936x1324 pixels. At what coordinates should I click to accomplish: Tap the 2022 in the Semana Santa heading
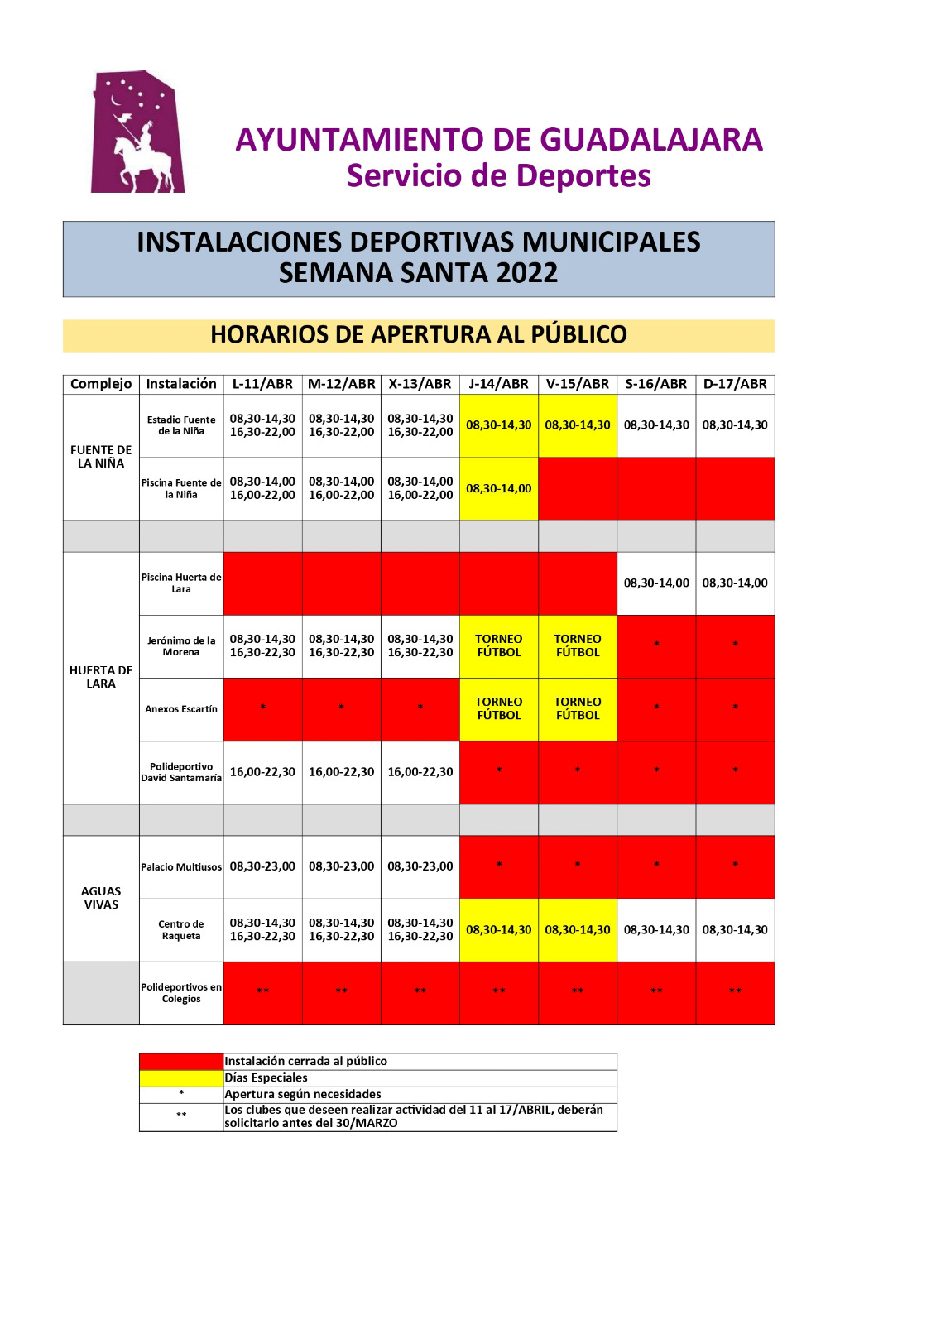[x=526, y=273]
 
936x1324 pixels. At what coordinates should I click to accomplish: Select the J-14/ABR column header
[x=498, y=384]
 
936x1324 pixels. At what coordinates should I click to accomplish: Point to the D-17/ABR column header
[x=735, y=384]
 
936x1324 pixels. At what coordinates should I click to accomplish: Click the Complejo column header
[x=101, y=384]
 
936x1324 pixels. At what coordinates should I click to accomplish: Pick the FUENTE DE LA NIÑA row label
[x=101, y=457]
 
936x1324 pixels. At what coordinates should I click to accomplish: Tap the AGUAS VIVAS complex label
[x=101, y=898]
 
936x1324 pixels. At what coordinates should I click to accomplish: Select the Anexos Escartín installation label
[x=181, y=709]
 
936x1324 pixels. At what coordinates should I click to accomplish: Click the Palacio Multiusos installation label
[x=181, y=867]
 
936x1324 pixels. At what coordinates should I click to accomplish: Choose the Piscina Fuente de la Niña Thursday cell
[x=498, y=488]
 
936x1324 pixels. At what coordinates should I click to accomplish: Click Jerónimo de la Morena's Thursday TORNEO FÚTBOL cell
[x=498, y=645]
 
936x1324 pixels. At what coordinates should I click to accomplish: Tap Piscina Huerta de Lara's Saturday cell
[x=656, y=583]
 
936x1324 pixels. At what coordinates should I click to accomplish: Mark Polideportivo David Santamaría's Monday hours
[x=262, y=772]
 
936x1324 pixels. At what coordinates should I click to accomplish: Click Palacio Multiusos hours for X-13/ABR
[x=420, y=866]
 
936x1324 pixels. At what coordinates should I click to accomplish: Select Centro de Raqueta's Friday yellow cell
[x=578, y=930]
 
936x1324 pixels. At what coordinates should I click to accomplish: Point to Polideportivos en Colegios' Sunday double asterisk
[x=735, y=991]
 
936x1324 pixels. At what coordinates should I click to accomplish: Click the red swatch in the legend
[x=181, y=1061]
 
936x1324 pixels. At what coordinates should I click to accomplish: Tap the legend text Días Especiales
[x=266, y=1077]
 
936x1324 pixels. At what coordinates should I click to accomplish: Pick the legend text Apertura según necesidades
[x=303, y=1094]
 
